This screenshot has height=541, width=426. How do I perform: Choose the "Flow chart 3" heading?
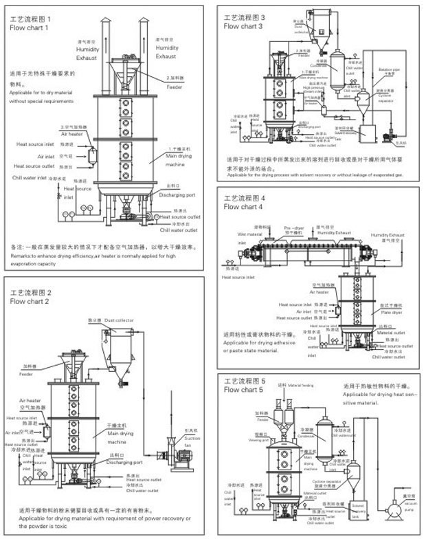click(x=244, y=26)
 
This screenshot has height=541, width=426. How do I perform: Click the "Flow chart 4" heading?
click(x=243, y=206)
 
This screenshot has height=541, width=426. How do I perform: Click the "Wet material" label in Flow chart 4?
click(x=245, y=232)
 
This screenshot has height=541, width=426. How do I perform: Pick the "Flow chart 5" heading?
click(x=243, y=389)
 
